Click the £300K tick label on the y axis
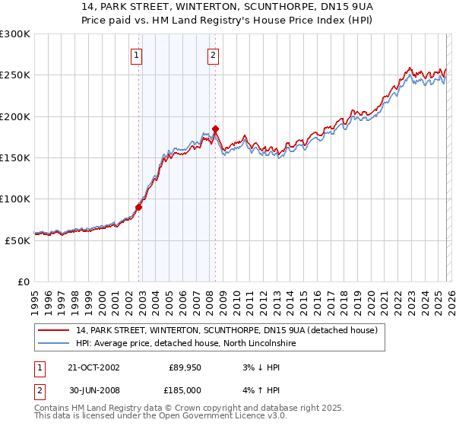pos(15,34)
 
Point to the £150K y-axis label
pos(15,157)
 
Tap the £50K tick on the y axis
pos(17,240)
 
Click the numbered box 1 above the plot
pos(136,54)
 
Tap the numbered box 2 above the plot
pos(214,54)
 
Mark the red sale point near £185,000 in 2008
pos(215,129)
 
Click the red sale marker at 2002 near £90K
pos(139,207)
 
